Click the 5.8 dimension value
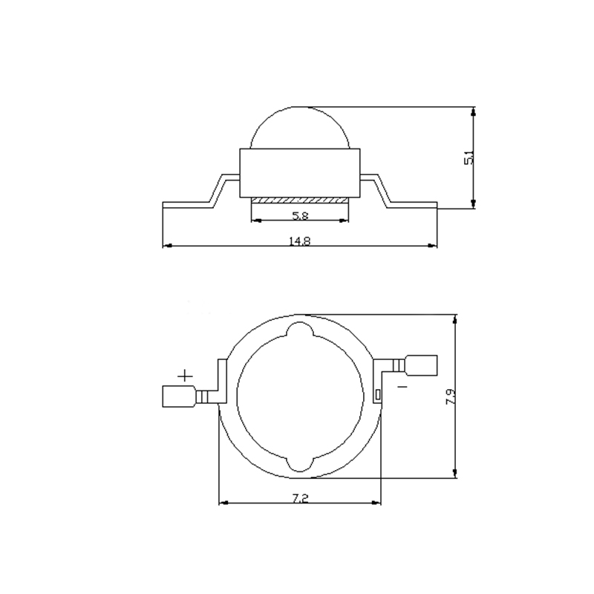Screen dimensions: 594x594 tap(300, 216)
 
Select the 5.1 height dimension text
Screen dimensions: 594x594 tap(469, 157)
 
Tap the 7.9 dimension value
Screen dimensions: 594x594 tap(450, 396)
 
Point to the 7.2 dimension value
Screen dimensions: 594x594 tap(300, 497)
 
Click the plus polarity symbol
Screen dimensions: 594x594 tap(186, 376)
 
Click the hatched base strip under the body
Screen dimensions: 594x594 tap(300, 200)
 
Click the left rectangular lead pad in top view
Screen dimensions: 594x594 tap(177, 396)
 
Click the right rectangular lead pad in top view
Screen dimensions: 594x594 tap(422, 365)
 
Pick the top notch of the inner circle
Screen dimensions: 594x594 tap(300, 330)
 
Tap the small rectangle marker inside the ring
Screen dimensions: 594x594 tap(377, 394)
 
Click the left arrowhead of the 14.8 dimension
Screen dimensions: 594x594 tap(166, 246)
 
